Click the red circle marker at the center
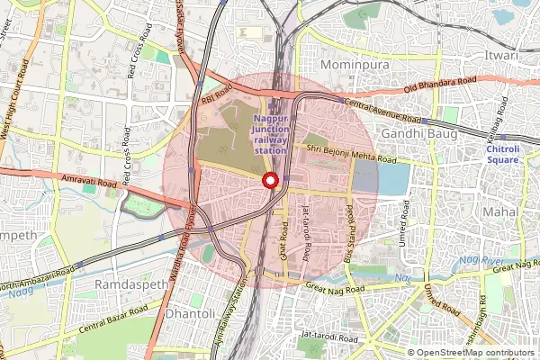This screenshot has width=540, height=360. coord(270,180)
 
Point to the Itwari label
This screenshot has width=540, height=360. coord(500,56)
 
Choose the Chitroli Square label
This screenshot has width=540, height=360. coord(502,153)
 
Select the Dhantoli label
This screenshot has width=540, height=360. coord(192,314)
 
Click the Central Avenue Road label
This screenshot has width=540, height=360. coord(382,112)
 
